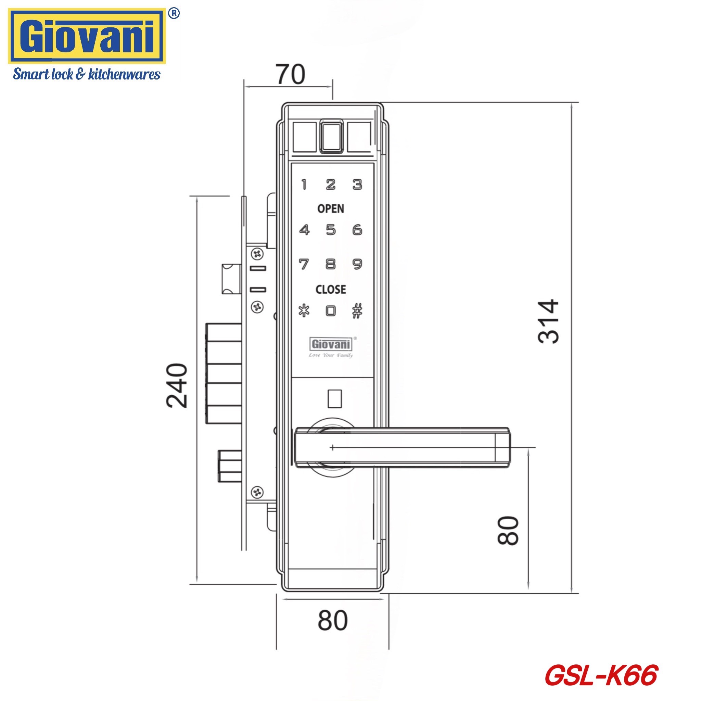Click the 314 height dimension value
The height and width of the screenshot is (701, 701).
click(548, 321)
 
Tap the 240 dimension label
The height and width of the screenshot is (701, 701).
click(177, 385)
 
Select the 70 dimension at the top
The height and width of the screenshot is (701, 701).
click(290, 75)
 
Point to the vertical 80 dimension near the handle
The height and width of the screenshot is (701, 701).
click(508, 531)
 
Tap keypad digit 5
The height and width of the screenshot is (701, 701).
click(331, 230)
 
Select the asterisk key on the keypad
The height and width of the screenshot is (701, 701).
click(304, 311)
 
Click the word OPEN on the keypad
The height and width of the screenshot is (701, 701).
click(331, 209)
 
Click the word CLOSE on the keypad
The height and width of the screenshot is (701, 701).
click(331, 290)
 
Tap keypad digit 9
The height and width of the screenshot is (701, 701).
click(357, 264)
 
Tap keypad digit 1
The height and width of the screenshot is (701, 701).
click(304, 184)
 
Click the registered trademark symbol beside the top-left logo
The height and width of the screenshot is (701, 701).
click(174, 13)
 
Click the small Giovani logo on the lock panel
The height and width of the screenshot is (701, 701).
click(331, 344)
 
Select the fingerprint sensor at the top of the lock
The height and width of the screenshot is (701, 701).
click(332, 137)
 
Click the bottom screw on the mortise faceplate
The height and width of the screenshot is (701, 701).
click(258, 492)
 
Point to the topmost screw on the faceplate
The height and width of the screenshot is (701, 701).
click(258, 254)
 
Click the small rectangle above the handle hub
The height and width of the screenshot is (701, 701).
click(334, 398)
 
